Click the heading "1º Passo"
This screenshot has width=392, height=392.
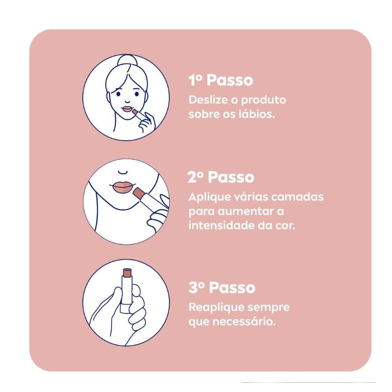click(220, 80)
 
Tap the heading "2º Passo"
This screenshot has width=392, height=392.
click(221, 177)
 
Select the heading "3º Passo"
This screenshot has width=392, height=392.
click(222, 287)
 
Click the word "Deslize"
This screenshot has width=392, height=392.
click(209, 100)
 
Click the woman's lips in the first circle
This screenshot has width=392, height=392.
click(127, 109)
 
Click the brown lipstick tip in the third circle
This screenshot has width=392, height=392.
click(127, 273)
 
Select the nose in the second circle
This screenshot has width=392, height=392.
click(123, 172)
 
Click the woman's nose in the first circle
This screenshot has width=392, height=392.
click(127, 101)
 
